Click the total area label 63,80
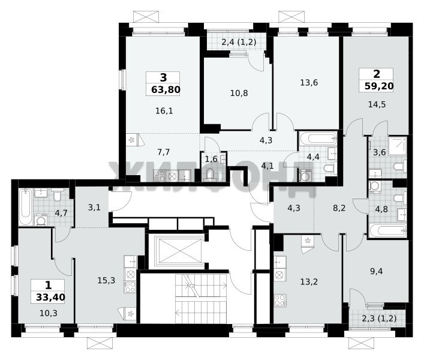(x=166, y=89)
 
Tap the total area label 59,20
(x=379, y=86)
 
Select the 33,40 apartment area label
(x=50, y=298)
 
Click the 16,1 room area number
(x=164, y=110)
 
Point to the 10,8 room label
(x=239, y=94)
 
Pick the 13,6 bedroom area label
(x=309, y=82)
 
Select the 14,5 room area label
(x=377, y=104)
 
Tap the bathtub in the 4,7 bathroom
(x=25, y=207)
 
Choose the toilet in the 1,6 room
(x=209, y=174)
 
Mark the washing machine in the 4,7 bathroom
(x=41, y=220)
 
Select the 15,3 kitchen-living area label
(x=106, y=280)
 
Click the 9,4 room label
(x=377, y=271)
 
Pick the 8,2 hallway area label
(x=339, y=208)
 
